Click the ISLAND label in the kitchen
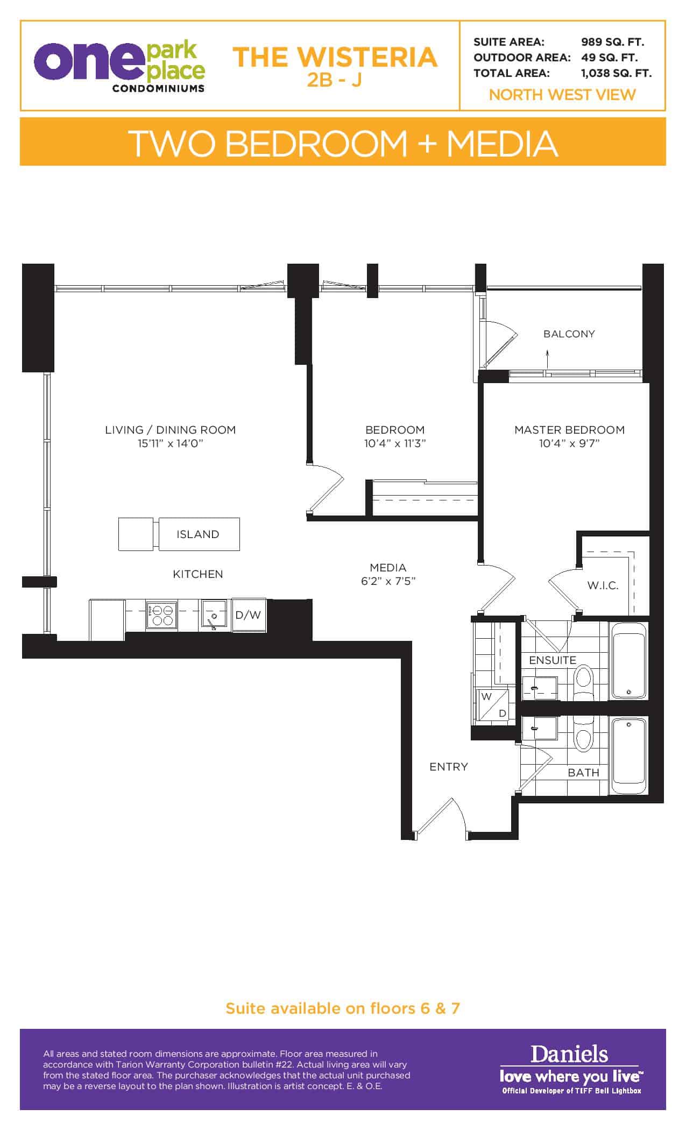(198, 534)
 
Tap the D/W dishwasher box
(249, 615)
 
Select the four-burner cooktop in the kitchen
(161, 615)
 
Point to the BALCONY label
(569, 334)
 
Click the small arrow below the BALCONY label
(548, 358)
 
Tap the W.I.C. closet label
(603, 585)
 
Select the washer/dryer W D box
(494, 705)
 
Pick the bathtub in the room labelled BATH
(629, 755)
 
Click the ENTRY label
(449, 767)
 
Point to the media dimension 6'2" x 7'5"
(388, 581)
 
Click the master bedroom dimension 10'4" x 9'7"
(569, 443)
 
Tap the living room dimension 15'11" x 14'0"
(170, 443)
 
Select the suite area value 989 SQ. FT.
(612, 42)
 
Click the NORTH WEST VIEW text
(562, 95)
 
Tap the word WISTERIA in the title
(367, 57)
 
